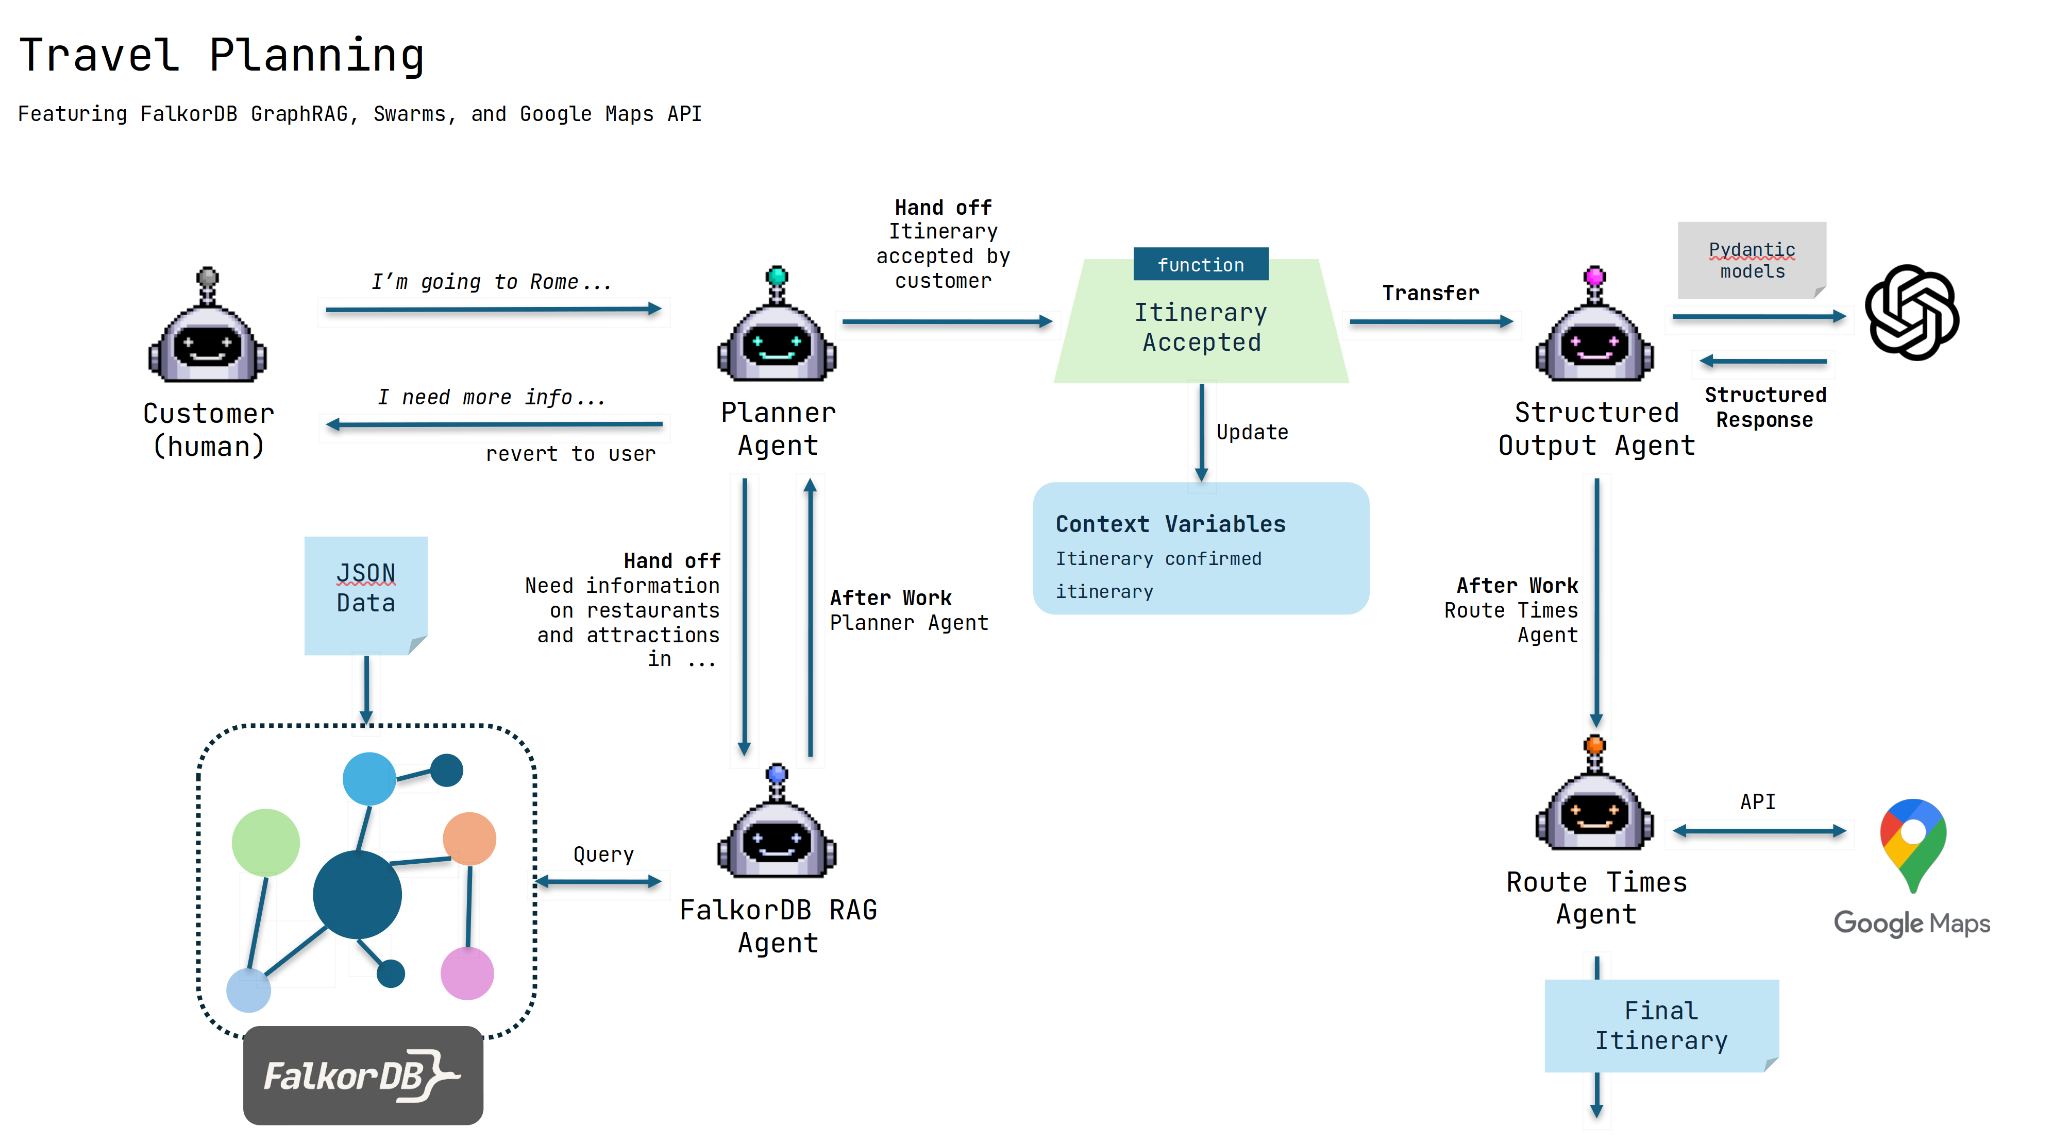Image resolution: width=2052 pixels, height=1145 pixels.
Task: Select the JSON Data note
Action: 366,594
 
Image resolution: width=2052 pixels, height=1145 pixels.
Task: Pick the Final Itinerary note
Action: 1661,1026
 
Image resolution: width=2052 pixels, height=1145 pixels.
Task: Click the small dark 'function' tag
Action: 1201,264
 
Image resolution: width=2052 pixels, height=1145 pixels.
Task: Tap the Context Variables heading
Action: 1170,524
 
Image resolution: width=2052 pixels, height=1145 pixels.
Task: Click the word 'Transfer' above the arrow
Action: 1431,293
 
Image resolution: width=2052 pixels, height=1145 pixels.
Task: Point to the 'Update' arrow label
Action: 1252,432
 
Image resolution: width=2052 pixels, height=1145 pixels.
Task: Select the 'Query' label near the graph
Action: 603,855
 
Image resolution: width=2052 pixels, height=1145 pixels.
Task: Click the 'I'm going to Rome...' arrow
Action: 494,309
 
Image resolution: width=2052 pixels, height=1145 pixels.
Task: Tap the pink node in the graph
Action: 467,973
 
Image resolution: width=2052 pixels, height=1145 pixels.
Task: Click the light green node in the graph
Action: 265,843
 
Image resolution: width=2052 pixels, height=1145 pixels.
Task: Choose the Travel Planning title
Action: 222,56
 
